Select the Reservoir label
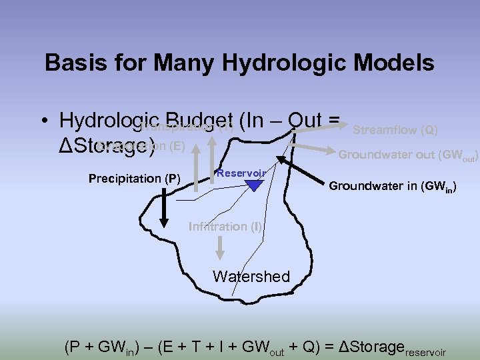pyautogui.click(x=241, y=173)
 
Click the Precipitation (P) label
pyautogui.click(x=134, y=179)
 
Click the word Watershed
pyautogui.click(x=251, y=276)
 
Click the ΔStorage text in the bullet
pyautogui.click(x=107, y=145)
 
